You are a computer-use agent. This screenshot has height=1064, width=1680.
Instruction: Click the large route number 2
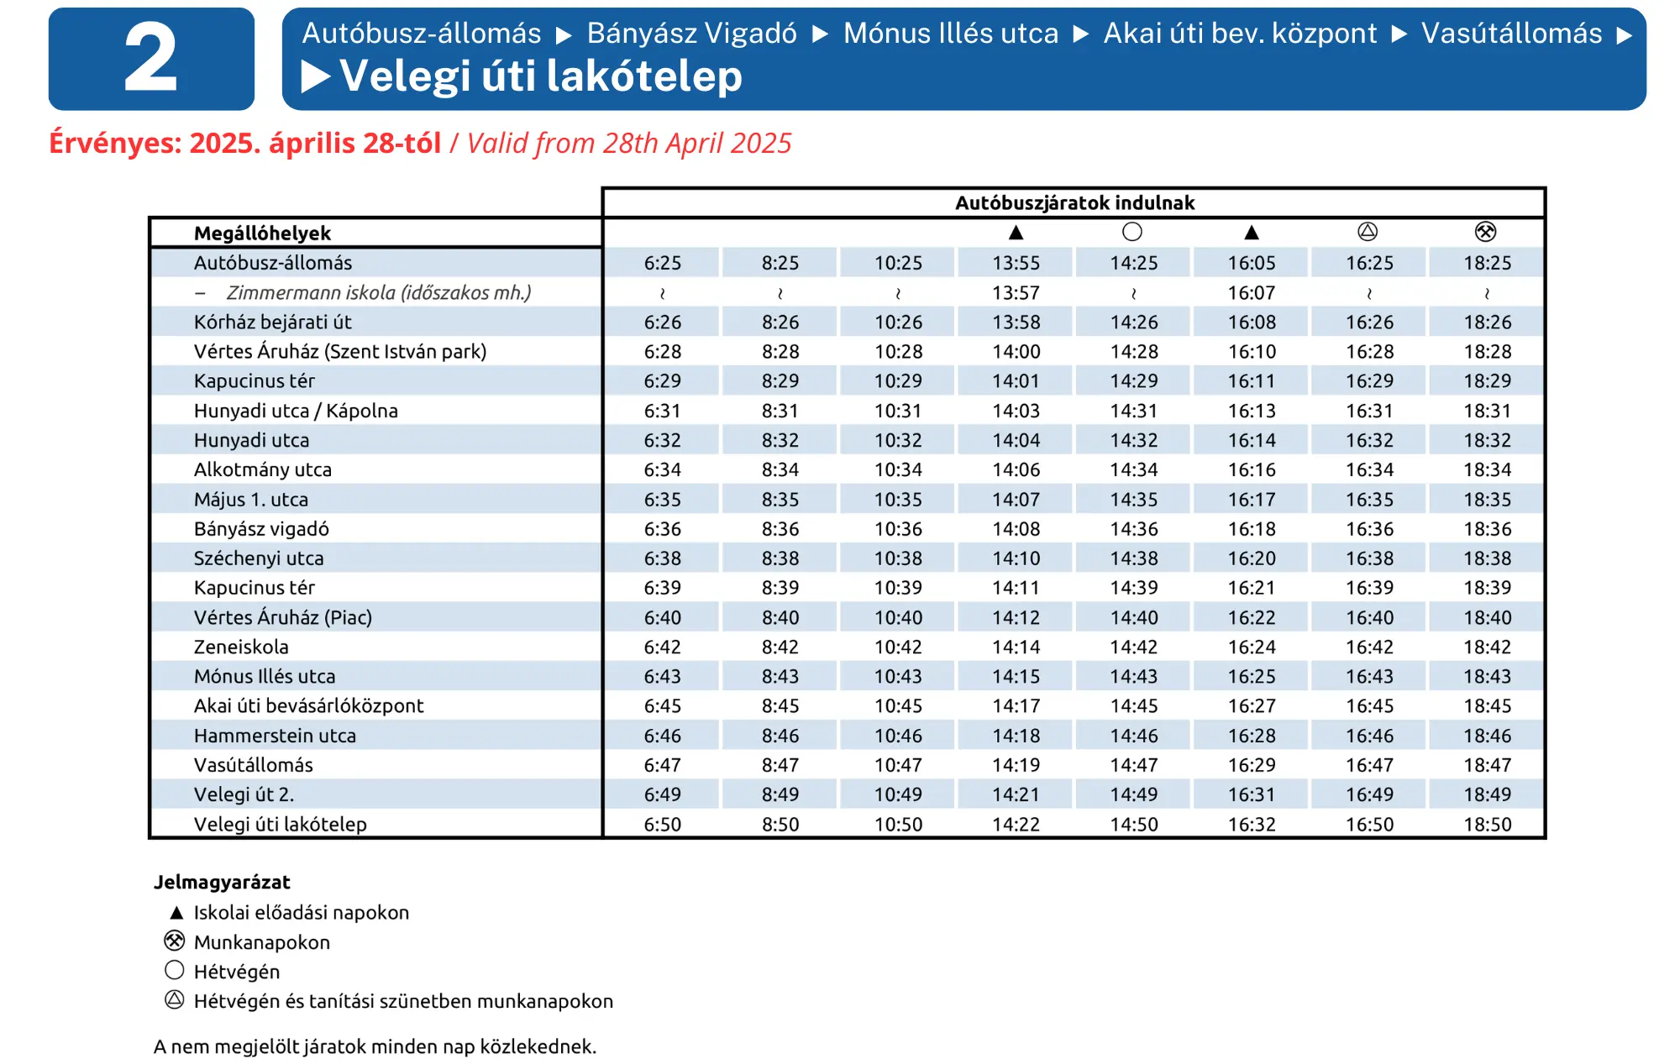click(151, 59)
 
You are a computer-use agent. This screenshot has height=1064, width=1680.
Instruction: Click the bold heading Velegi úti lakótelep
click(540, 76)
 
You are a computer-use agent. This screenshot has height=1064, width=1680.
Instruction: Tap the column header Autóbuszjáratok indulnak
click(1074, 202)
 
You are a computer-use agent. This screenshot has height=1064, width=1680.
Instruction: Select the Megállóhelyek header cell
click(262, 233)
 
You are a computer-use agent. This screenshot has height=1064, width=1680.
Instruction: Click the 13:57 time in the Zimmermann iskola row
click(1016, 292)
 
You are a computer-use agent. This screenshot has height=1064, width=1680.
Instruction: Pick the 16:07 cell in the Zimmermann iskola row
click(1251, 292)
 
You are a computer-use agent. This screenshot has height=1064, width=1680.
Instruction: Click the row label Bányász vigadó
click(261, 529)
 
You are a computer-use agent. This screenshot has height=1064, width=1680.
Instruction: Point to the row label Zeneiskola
click(241, 647)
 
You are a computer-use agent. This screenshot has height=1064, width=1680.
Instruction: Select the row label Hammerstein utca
click(275, 736)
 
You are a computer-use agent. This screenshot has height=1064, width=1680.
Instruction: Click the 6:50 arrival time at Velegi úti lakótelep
click(662, 824)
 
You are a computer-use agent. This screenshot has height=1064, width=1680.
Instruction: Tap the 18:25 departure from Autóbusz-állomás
click(1487, 263)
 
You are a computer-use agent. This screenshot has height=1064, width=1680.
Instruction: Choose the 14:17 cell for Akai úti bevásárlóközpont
click(1016, 705)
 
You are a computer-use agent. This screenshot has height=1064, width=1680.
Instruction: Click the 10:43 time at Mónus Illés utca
click(898, 676)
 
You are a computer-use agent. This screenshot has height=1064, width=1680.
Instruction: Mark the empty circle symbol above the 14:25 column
click(1132, 232)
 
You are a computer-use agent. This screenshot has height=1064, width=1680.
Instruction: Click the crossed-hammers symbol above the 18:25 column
click(1485, 232)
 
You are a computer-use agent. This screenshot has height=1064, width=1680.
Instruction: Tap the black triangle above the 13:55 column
click(1016, 233)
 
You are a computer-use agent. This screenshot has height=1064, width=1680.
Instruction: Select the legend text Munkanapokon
click(261, 942)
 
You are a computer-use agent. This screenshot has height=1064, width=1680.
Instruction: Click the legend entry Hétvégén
click(236, 972)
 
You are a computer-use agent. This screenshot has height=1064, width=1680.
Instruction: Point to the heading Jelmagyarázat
click(222, 882)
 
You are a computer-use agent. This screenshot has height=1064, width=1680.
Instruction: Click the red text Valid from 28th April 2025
click(628, 144)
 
